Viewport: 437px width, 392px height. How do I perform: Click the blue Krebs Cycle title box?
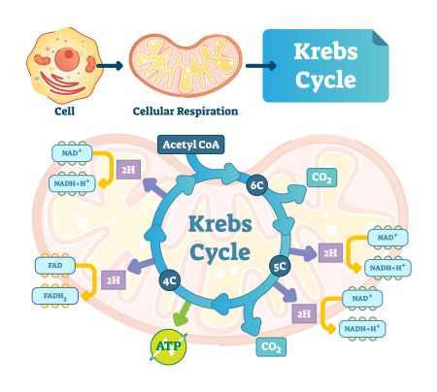tap(325, 65)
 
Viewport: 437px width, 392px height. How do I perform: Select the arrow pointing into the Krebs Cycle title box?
tap(254, 66)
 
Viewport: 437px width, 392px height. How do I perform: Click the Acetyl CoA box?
tap(191, 146)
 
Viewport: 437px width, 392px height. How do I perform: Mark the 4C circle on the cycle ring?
tap(169, 282)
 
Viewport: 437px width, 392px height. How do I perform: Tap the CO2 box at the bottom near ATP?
tap(272, 346)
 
